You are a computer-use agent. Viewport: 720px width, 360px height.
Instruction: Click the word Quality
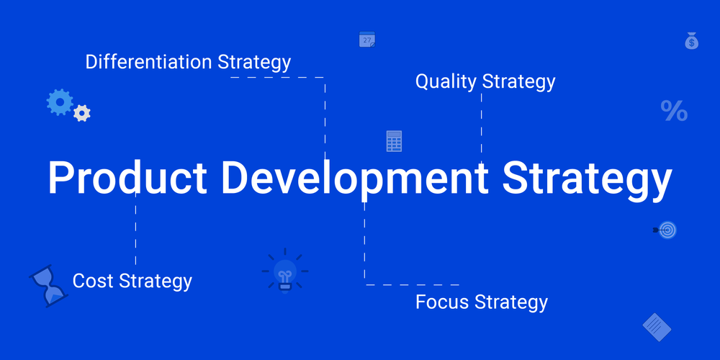(446, 82)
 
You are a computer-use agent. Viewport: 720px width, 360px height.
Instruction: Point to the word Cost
(93, 280)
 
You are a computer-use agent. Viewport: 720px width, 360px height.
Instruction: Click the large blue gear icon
(59, 102)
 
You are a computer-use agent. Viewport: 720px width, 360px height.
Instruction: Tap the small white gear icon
(82, 113)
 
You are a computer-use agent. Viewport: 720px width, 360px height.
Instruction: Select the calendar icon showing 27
(367, 40)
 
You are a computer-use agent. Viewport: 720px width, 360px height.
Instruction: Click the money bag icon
(691, 41)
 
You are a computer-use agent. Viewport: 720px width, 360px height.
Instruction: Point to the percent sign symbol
(674, 111)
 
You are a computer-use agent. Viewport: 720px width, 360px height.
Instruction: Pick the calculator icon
(394, 141)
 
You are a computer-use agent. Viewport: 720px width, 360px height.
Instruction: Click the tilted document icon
(657, 327)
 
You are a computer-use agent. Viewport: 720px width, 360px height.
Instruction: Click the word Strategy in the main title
(587, 177)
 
